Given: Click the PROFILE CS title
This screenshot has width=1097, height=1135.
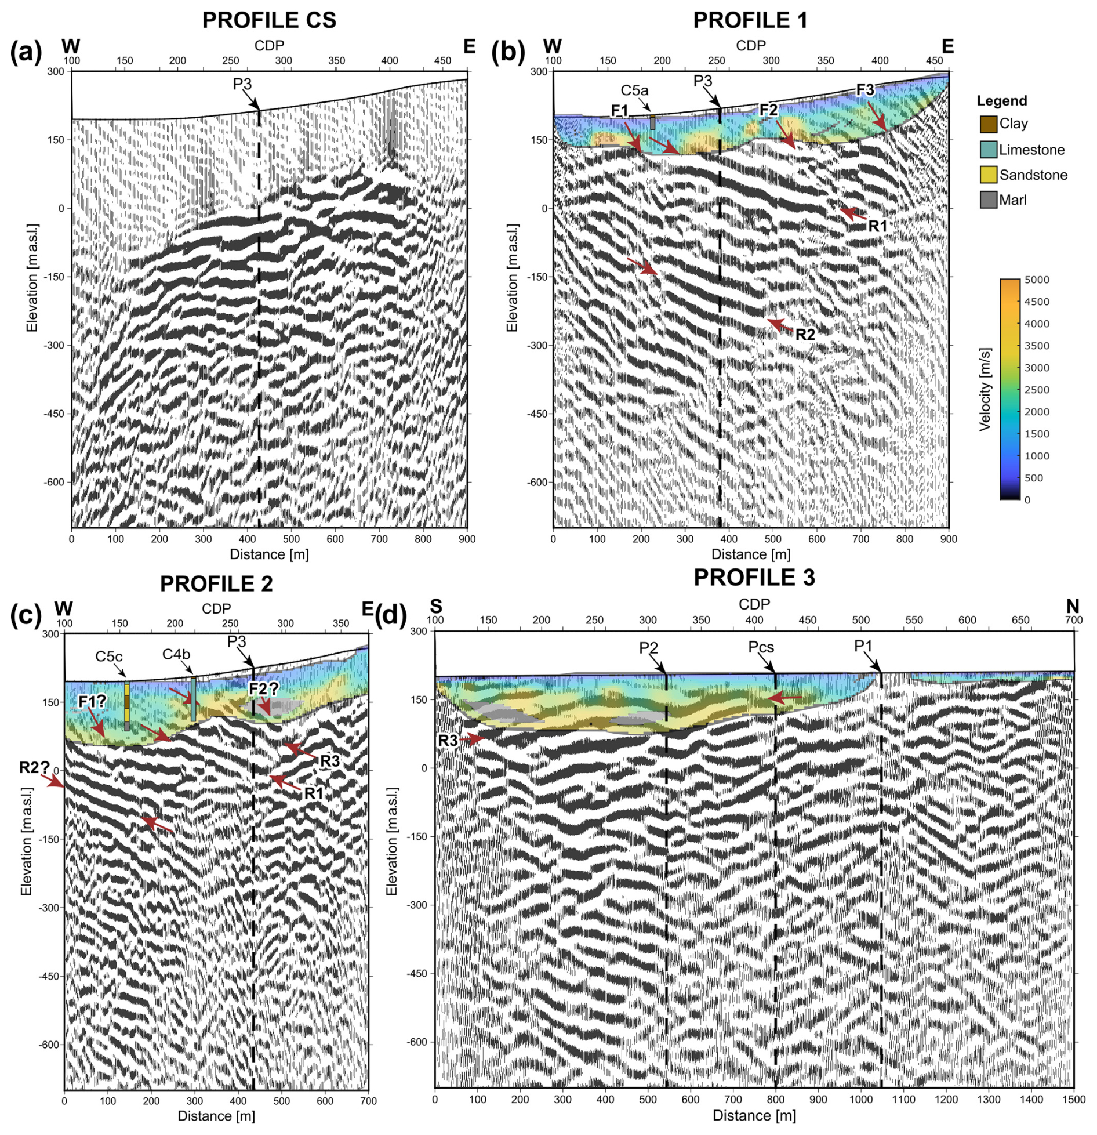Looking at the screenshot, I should coord(269,20).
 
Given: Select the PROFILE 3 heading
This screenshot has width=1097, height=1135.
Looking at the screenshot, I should coord(754,578).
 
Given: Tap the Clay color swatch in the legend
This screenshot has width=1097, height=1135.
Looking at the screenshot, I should coord(988,124).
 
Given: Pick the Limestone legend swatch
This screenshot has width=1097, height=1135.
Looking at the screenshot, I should coord(988,150).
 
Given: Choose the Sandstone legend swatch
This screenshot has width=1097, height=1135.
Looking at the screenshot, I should coord(988,175).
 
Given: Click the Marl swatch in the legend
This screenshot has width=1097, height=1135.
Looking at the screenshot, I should coord(988,200).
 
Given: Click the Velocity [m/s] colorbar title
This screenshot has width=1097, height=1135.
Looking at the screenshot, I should coord(985,390).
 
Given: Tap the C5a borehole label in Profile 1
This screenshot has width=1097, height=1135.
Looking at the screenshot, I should coord(634,90).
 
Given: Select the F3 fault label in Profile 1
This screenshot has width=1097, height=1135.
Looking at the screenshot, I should coord(865,89).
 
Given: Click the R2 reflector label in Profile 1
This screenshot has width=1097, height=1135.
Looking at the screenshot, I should coord(805,335).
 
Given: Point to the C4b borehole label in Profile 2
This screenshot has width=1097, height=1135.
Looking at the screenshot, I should coord(176,654).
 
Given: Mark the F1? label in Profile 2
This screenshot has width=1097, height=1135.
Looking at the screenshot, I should coord(92,701).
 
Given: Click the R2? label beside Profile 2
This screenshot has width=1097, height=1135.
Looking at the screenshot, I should coord(34,767).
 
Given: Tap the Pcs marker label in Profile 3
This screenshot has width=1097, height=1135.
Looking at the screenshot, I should coord(761,647).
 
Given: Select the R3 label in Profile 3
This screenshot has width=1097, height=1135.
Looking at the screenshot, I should coord(448,740).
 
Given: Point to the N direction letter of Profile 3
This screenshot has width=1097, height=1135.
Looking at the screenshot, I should coord(1072,607).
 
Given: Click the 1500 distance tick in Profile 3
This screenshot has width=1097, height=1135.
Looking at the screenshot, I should coord(1074,1099).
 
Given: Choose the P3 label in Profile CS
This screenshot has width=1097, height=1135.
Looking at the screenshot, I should coord(242,84).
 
